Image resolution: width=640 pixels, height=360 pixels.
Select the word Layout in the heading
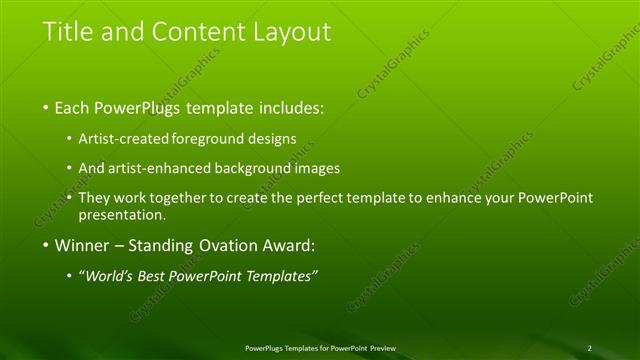(290, 32)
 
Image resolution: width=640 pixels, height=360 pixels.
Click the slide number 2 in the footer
(589, 348)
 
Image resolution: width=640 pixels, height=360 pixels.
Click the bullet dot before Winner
(46, 245)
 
